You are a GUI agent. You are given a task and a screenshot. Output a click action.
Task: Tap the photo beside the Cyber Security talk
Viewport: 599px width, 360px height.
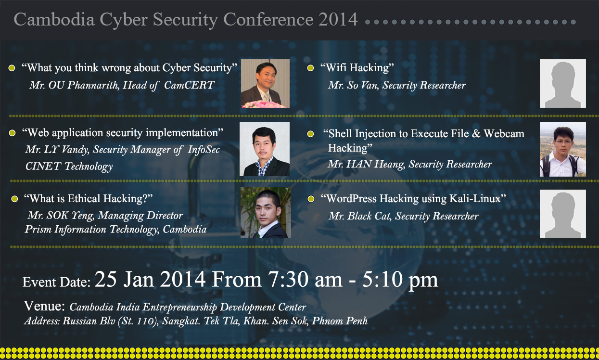265,83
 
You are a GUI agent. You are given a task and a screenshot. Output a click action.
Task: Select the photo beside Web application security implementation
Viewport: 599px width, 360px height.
265,149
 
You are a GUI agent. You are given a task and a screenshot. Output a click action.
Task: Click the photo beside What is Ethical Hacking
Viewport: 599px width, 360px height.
266,212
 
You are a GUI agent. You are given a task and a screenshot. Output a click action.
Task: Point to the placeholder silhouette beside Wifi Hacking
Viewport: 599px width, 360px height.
562,83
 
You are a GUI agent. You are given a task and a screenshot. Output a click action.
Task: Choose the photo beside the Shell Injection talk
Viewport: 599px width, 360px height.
562,149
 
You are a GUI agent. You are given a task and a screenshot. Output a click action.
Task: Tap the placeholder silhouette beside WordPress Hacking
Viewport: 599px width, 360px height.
562,214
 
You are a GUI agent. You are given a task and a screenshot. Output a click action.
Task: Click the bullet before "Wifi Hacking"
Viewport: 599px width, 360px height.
310,68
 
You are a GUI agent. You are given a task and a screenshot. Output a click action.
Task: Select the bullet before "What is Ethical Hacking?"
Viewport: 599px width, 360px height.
14,199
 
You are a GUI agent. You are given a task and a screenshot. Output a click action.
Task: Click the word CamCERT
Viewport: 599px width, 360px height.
190,85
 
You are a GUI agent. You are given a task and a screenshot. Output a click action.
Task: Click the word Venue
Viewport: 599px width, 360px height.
44,306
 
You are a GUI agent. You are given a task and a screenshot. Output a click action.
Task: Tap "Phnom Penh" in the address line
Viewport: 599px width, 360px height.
340,321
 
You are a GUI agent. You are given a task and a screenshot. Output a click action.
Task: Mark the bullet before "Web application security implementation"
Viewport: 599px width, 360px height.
12,133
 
